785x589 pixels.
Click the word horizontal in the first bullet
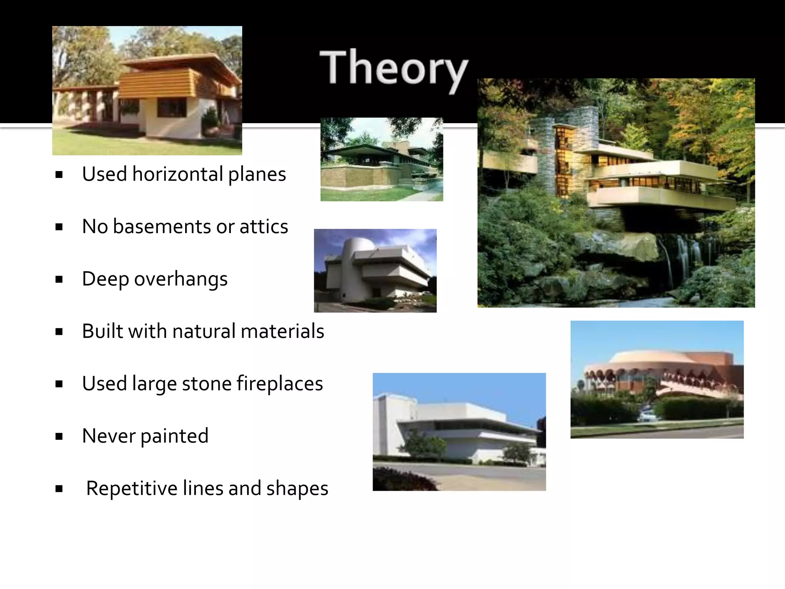click(x=177, y=174)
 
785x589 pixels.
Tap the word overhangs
click(x=181, y=279)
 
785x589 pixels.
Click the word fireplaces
click(x=279, y=383)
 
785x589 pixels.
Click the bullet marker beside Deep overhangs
click(x=59, y=280)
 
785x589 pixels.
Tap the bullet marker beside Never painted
click(x=59, y=436)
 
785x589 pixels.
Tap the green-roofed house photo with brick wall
click(x=381, y=160)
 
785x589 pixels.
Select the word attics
click(x=264, y=227)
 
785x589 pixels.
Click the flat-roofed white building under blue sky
click(x=459, y=431)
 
